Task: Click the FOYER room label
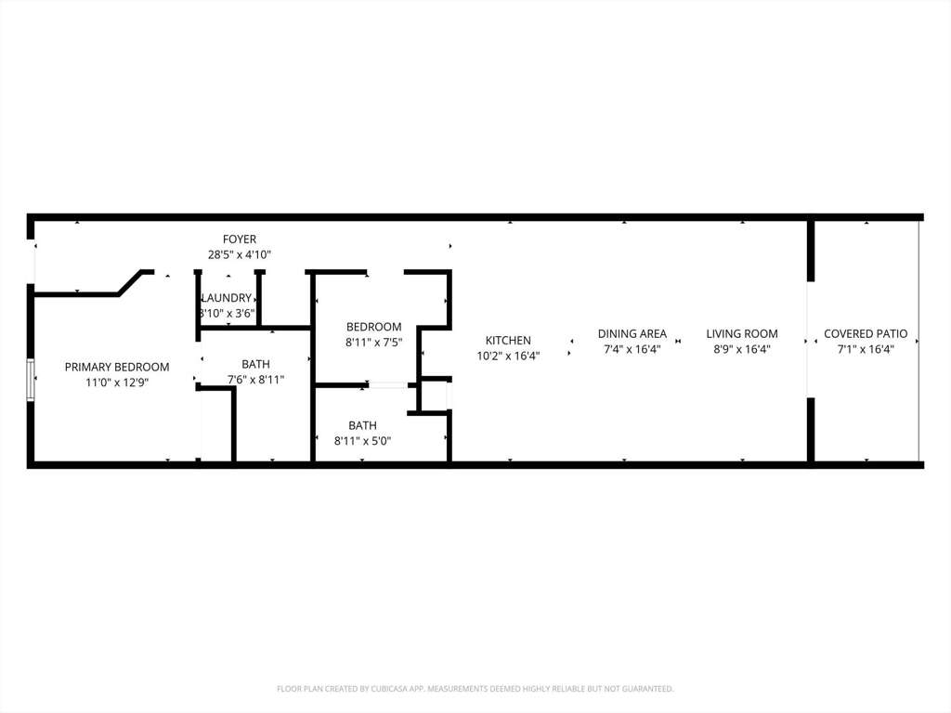pos(240,239)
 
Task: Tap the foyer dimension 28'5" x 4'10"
pos(240,254)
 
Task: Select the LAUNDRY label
pos(227,298)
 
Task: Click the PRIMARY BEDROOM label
pos(117,367)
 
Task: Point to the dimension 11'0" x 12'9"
pos(117,382)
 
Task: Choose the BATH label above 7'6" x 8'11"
pos(256,364)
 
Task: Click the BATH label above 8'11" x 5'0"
pos(363,425)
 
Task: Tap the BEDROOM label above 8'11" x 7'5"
pos(373,327)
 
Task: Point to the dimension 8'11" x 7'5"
pos(373,343)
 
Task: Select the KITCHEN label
pos(508,340)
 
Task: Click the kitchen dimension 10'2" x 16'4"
pos(508,356)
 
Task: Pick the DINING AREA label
pos(632,333)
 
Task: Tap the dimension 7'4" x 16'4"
pos(632,349)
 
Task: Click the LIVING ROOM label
pos(742,333)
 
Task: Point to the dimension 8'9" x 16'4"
pos(742,349)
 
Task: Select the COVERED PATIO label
pos(866,333)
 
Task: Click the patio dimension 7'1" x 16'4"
pos(866,349)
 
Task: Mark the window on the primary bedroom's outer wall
pos(31,380)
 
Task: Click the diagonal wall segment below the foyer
pos(130,283)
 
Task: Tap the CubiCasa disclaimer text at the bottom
pos(475,689)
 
